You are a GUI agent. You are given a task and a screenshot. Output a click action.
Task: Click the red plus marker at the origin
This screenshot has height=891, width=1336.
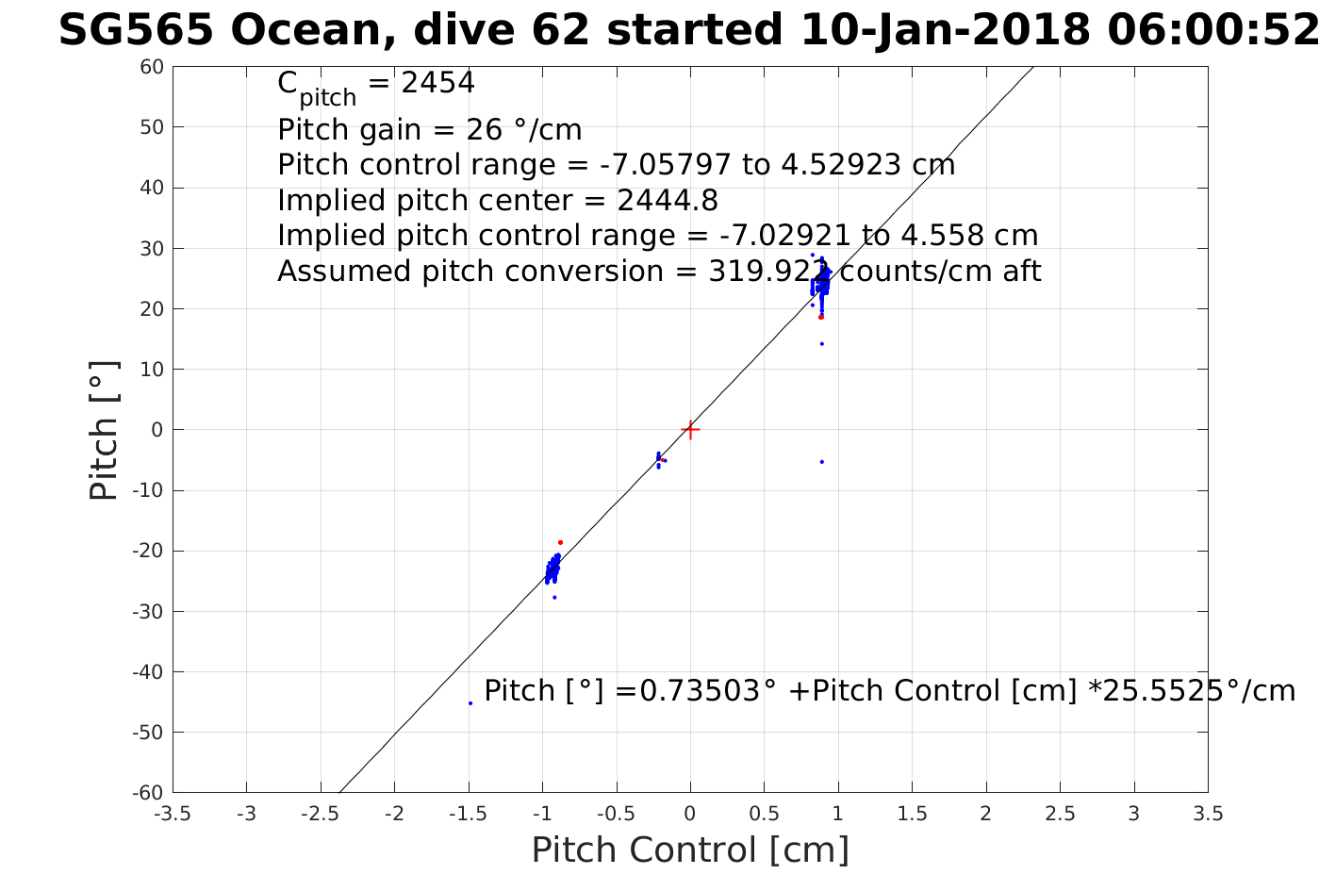(x=690, y=430)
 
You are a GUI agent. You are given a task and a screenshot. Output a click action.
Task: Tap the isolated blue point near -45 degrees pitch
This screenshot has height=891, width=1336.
(x=470, y=702)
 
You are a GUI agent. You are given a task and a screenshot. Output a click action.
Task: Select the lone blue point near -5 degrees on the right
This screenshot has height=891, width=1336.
(x=822, y=462)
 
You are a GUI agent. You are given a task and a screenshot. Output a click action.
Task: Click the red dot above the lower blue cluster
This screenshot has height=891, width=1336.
(x=560, y=542)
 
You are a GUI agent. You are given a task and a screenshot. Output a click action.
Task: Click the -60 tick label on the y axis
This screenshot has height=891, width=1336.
(x=148, y=793)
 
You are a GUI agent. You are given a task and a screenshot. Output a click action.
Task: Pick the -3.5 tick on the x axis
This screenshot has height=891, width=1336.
(x=172, y=814)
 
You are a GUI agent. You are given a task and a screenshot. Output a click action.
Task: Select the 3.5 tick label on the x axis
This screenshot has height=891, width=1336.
(x=1208, y=814)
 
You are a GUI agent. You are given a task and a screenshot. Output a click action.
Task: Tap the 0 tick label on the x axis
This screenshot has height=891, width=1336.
(x=690, y=814)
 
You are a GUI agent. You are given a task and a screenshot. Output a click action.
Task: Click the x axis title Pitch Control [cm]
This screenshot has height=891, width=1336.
(x=690, y=850)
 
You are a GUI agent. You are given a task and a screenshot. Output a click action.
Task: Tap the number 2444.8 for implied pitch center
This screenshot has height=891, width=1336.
(x=668, y=200)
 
